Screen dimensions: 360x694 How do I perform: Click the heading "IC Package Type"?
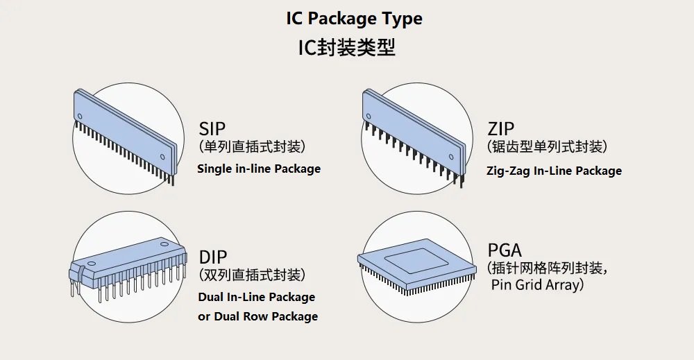pos(354,19)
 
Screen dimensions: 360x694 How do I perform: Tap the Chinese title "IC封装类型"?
pos(346,48)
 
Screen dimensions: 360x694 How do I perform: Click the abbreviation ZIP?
pos(500,129)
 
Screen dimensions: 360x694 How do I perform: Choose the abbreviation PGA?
pos(505,250)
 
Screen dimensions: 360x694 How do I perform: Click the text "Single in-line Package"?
pos(259,169)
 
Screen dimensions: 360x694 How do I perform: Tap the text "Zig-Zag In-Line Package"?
pos(554,171)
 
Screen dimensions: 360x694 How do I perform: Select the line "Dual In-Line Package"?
pos(257,297)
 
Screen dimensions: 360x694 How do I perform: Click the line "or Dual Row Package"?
pos(258,316)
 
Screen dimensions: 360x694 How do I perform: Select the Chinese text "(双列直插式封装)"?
pos(252,275)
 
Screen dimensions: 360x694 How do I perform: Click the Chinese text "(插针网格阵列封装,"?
pos(548,268)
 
